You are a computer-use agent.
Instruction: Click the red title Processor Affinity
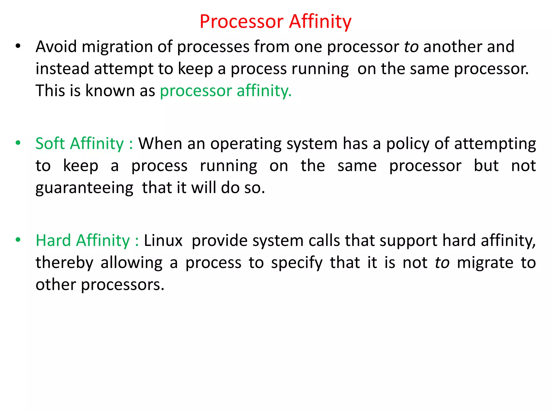click(275, 21)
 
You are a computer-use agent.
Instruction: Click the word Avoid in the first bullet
click(56, 47)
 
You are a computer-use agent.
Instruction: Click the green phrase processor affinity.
click(226, 91)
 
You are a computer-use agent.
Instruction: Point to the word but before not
click(486, 166)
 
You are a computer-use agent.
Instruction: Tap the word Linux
click(163, 240)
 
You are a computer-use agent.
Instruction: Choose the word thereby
click(64, 263)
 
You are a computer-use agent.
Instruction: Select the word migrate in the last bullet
click(485, 263)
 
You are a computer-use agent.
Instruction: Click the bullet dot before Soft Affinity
click(18, 143)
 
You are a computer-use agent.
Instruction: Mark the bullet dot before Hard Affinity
click(18, 240)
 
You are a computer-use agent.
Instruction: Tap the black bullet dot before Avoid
click(18, 46)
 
